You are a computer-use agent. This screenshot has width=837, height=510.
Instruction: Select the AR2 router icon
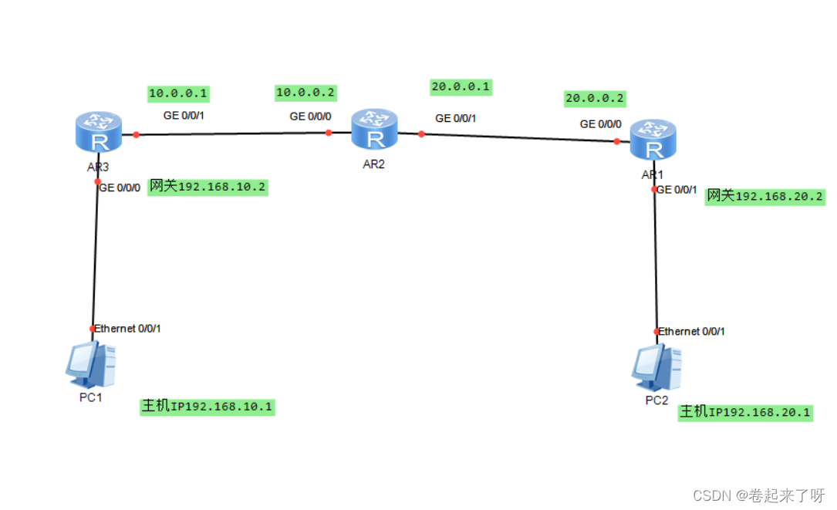point(375,129)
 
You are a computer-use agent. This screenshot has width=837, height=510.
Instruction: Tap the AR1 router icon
point(653,140)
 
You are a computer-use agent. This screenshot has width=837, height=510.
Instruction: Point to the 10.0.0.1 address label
point(178,93)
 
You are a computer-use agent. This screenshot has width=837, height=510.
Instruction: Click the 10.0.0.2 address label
point(306,93)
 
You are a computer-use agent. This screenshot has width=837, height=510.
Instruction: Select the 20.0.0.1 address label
point(461,86)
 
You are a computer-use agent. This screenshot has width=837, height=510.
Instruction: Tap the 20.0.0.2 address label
point(595,98)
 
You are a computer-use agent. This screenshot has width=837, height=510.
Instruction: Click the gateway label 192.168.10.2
point(208,187)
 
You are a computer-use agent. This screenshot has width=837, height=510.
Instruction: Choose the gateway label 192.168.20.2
point(765,197)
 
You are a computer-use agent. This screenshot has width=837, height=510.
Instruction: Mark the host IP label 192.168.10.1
point(207,406)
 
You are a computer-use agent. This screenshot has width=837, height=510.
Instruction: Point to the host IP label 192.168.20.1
point(745,413)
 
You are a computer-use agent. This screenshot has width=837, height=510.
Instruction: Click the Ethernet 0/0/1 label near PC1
point(128,329)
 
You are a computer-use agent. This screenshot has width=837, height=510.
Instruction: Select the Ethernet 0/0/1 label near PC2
point(692,332)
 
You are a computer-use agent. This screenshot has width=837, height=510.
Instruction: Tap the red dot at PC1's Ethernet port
point(93,329)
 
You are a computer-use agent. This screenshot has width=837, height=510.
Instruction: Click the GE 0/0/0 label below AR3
point(120,187)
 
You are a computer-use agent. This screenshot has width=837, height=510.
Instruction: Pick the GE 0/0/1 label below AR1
point(677,190)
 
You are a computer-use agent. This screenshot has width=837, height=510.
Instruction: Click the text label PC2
point(656,400)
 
